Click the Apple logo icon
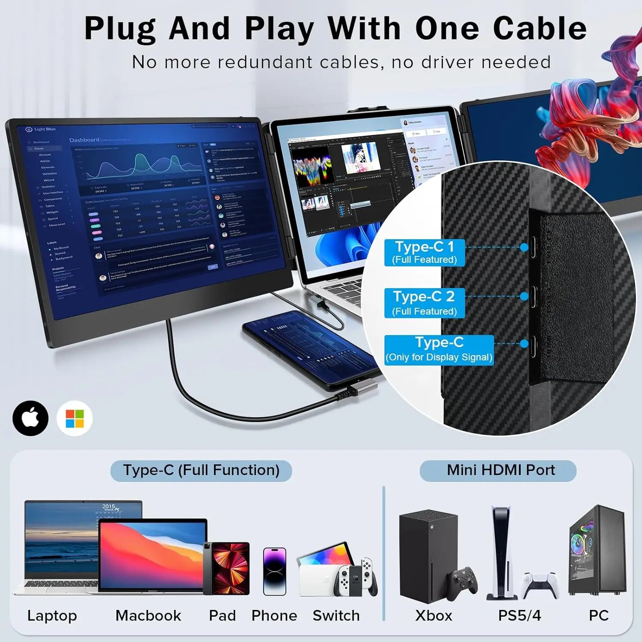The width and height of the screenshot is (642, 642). (x=30, y=418)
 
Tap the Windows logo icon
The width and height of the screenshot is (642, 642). (x=75, y=418)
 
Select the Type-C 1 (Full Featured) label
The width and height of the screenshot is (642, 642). (x=424, y=253)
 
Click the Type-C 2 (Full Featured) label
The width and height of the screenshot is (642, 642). (x=424, y=303)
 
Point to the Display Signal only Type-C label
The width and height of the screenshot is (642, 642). (x=439, y=350)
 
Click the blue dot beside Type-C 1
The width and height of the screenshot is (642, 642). (x=524, y=247)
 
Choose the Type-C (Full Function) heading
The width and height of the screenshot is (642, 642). (x=201, y=470)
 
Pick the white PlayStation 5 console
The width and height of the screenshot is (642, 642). (x=501, y=552)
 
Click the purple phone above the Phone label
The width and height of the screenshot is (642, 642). (x=274, y=571)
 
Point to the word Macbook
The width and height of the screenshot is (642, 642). (x=148, y=615)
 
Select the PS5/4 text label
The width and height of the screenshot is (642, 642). (x=519, y=615)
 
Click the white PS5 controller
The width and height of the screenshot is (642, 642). (x=540, y=584)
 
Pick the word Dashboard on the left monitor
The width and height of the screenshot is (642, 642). (x=84, y=140)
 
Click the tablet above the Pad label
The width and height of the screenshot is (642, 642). (x=227, y=568)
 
